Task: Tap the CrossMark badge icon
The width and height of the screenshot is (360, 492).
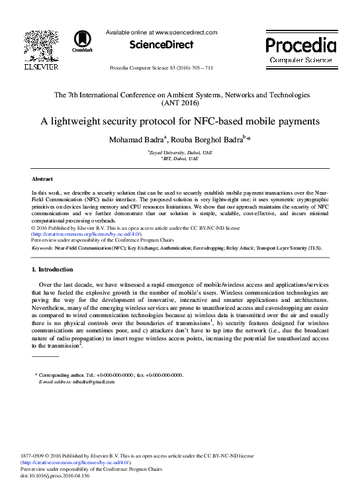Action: click(83, 41)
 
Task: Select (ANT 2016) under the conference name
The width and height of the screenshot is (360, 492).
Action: click(180, 103)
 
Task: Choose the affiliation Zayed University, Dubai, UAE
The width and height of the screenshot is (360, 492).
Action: click(180, 152)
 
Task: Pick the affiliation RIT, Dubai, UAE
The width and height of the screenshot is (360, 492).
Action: click(180, 159)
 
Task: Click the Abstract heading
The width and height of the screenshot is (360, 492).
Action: click(42, 179)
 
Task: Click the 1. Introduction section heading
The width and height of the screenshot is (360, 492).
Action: click(57, 270)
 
